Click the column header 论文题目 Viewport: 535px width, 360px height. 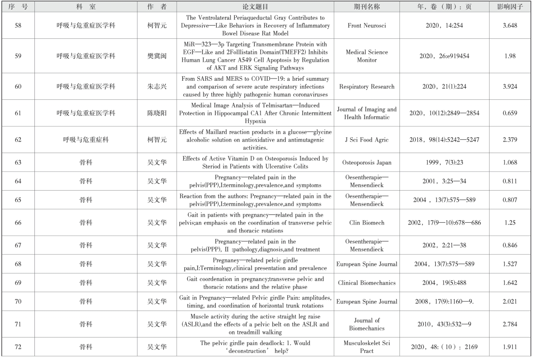point(256,7)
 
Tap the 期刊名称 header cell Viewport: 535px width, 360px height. point(367,7)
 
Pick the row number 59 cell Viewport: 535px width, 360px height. point(18,56)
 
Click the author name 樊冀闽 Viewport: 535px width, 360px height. point(157,56)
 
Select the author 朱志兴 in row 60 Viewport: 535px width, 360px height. point(157,86)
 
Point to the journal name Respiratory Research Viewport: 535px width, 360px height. point(367,86)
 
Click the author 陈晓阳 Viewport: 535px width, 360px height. point(157,113)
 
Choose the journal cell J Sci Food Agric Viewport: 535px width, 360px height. point(367,140)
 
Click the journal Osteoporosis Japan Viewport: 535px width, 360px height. point(367,162)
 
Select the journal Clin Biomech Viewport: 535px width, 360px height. point(367,223)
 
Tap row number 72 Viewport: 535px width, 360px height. point(18,346)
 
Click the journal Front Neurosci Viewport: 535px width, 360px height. point(367,26)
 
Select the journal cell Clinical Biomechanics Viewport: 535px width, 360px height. point(367,283)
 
